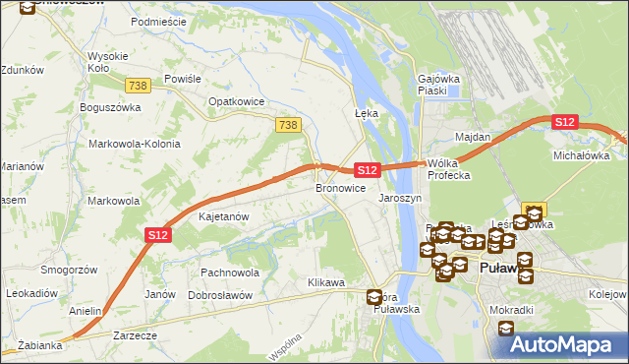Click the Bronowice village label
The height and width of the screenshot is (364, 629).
click(340, 187)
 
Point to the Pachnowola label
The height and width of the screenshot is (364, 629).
click(229, 273)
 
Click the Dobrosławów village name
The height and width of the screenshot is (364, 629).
click(220, 295)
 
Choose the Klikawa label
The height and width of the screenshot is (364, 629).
click(326, 283)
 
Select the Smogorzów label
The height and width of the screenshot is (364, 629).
click(69, 269)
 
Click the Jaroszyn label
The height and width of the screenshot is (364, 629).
click(400, 198)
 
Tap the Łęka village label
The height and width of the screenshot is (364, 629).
click(366, 113)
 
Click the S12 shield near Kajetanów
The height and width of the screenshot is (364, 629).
click(159, 235)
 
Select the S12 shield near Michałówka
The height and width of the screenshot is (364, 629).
click(563, 122)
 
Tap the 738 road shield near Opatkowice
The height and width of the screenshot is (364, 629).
click(288, 124)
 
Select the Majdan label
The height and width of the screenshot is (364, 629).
click(472, 137)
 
